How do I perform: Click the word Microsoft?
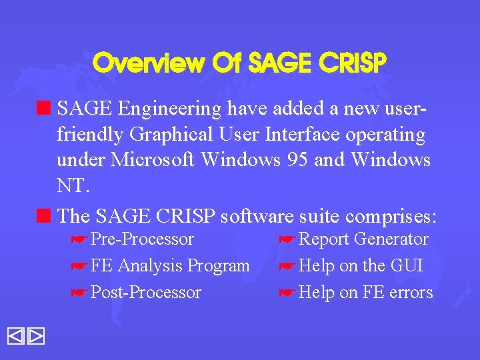point(155,161)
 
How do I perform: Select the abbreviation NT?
point(71,186)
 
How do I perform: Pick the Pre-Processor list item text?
point(142,239)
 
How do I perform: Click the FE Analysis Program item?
point(170,265)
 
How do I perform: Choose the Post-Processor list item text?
point(145,292)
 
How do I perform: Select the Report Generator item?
point(363,239)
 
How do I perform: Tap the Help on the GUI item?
point(361,265)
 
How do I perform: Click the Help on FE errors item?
point(366,292)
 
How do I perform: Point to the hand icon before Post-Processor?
point(79,293)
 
